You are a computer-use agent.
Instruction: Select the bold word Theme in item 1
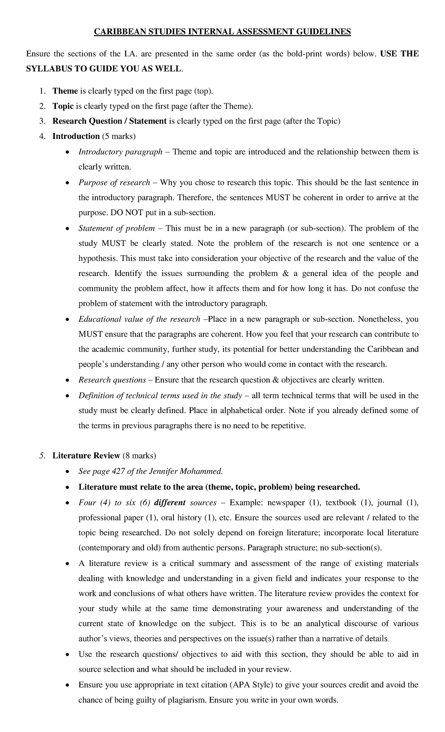65,91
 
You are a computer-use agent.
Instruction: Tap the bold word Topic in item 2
63,106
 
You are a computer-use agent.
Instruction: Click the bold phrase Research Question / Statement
109,121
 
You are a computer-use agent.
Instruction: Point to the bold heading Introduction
76,136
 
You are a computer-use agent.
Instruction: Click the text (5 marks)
119,136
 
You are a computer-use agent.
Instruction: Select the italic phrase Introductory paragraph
121,152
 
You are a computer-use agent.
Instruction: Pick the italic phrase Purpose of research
114,183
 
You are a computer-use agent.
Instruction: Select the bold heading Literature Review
86,455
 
